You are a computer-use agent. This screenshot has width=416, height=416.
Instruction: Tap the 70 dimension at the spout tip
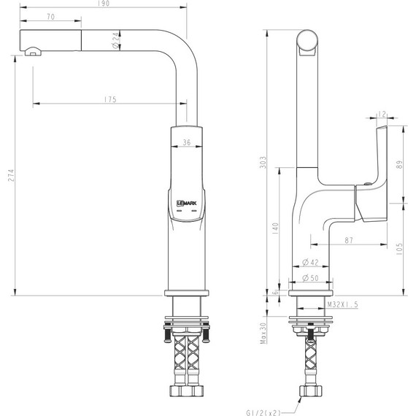[x=50, y=15]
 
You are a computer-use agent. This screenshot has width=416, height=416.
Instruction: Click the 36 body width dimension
[x=187, y=143]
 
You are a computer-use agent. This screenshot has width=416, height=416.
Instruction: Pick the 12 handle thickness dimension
[x=382, y=114]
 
